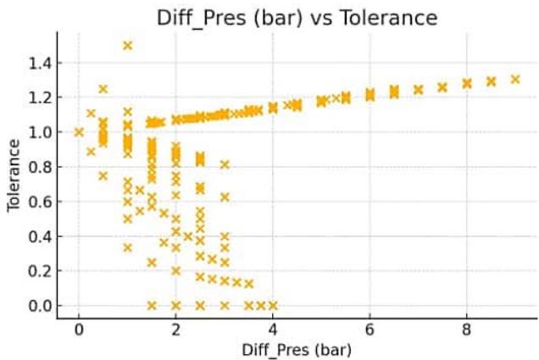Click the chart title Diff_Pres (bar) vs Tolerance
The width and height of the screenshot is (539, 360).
[x=297, y=17]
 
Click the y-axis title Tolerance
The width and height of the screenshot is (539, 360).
[x=14, y=175]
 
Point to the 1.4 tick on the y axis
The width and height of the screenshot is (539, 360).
[x=42, y=63]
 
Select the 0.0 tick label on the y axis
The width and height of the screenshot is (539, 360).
[x=42, y=306]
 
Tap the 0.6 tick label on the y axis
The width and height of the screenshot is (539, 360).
[x=42, y=202]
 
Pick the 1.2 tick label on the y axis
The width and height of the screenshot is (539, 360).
[x=42, y=97]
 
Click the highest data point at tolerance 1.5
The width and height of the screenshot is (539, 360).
[x=128, y=46]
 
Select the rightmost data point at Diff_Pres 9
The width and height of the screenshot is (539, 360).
[x=515, y=79]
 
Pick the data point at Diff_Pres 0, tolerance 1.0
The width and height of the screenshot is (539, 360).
[x=79, y=132]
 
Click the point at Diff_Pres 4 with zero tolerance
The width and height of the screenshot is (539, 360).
[x=273, y=306]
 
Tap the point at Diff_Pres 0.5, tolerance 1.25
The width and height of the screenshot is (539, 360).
[x=103, y=89]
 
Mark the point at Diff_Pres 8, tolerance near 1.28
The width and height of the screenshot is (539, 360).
[x=467, y=83]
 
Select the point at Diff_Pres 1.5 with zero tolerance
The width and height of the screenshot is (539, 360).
[x=152, y=306]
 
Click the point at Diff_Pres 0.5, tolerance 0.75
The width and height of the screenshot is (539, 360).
[x=103, y=176]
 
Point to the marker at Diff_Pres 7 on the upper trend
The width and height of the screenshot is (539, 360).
[x=419, y=89]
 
